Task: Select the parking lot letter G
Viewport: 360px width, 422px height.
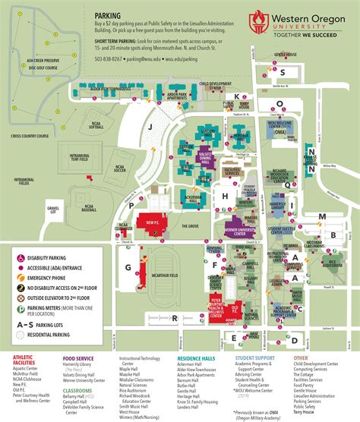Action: (128, 267)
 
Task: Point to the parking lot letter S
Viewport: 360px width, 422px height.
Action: (282, 73)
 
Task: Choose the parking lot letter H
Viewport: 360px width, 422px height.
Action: (225, 195)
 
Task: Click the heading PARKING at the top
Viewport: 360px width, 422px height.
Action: (108, 14)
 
